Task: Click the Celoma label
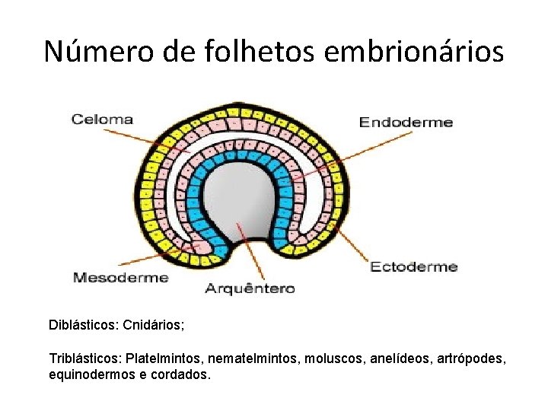click(102, 119)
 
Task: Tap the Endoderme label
click(406, 123)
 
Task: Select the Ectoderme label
click(413, 266)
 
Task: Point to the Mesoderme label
click(120, 278)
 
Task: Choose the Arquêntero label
click(250, 288)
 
